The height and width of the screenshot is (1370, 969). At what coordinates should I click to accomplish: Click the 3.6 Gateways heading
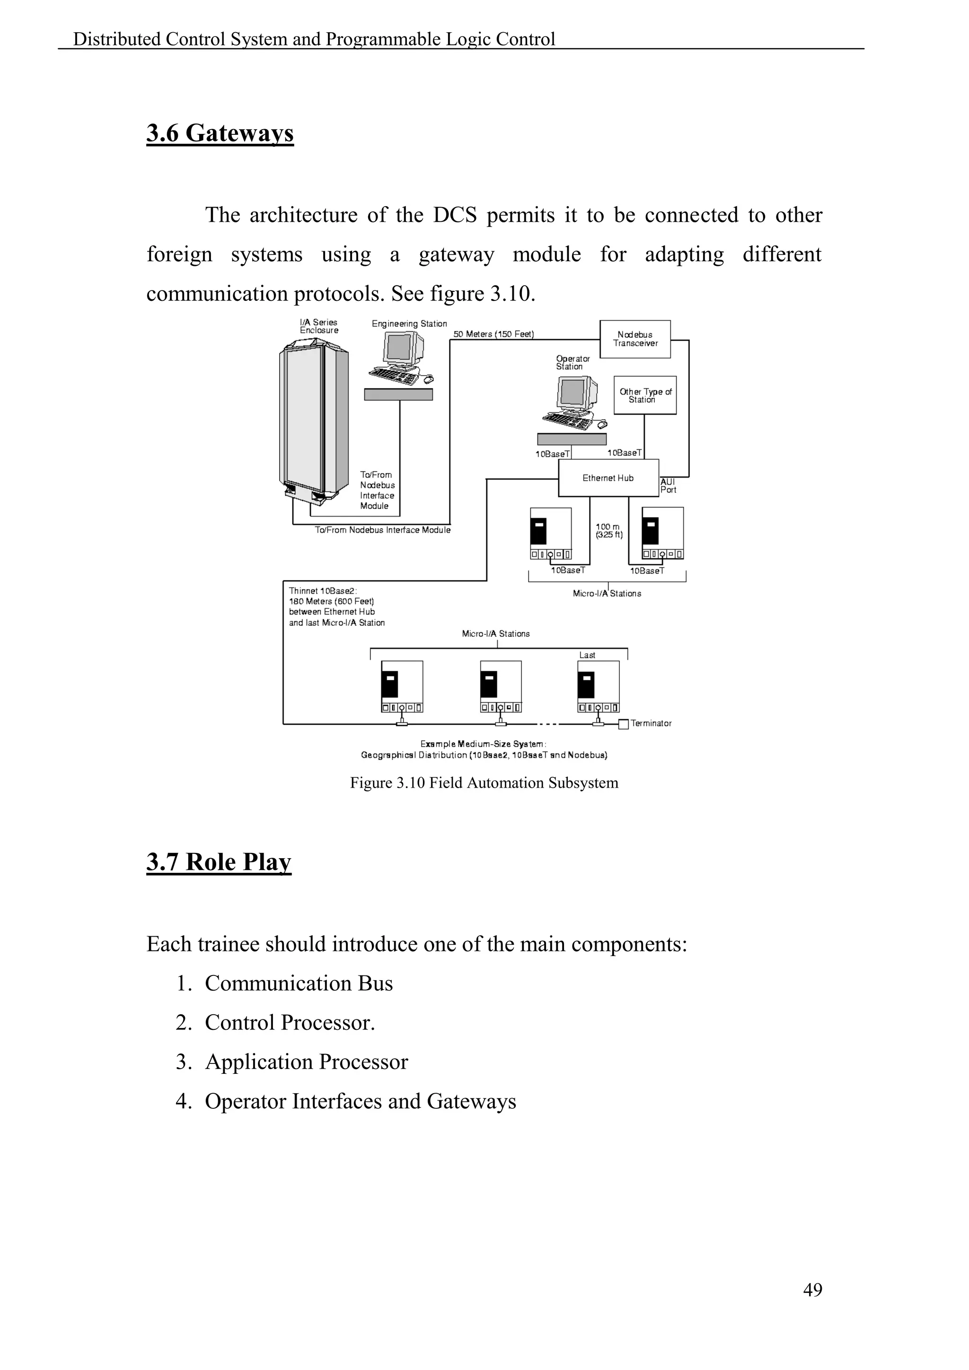coord(220,132)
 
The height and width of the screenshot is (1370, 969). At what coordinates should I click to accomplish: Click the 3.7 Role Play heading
coord(219,861)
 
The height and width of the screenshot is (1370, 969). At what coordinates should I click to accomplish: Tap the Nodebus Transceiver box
coord(635,339)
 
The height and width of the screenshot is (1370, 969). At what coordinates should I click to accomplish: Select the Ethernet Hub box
coord(608,478)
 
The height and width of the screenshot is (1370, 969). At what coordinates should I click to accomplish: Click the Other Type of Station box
coord(645,395)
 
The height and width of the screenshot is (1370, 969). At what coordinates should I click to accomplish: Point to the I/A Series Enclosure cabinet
coord(313,418)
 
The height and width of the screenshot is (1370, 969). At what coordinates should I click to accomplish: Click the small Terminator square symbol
coord(624,724)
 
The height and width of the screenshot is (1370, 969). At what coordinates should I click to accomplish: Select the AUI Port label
coord(668,486)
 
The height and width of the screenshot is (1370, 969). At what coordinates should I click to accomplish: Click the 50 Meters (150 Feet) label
coord(493,334)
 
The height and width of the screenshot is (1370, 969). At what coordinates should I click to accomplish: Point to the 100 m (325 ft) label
coord(608,530)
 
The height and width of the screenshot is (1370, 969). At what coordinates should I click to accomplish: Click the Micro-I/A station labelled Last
coord(599,686)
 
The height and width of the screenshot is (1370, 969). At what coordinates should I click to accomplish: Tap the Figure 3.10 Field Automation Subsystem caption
coord(484,783)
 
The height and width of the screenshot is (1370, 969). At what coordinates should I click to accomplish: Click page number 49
coord(813,1290)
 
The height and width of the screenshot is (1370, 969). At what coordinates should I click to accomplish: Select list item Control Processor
coord(290,1023)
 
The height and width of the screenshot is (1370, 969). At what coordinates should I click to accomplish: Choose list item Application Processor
coord(306,1062)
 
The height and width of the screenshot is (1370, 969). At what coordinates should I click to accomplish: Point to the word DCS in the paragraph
coord(455,215)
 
